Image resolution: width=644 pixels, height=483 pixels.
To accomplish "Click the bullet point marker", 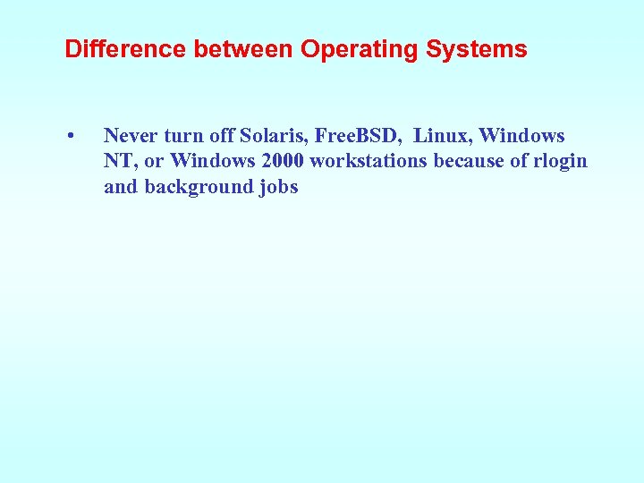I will tap(70, 137).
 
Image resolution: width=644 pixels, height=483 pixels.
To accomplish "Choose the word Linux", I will tap(443, 136).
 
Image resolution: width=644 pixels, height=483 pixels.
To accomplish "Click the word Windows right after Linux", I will tap(522, 136).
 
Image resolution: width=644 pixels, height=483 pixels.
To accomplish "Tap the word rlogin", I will tap(557, 161).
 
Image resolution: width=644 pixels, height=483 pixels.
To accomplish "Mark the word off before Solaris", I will tap(222, 136).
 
